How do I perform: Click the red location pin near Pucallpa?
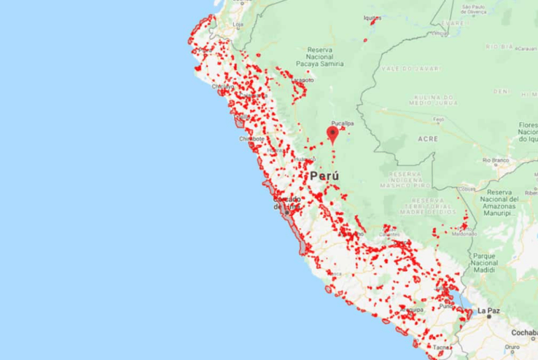coord(333,133)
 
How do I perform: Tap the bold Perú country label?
coord(324,176)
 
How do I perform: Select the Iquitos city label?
coord(373,18)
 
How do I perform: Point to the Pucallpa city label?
coord(343,123)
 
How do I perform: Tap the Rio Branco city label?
coord(495,160)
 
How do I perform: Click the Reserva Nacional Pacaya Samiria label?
coord(325,57)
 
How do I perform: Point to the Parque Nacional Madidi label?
coord(485,263)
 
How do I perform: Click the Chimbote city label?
coord(251,139)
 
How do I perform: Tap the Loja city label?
coord(238,25)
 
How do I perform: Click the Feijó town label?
coord(439,119)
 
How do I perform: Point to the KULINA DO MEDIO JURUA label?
coord(417,102)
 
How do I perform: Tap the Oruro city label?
coord(512,346)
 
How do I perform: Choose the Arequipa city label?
coord(413,309)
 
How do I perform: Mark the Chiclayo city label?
coord(223,87)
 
